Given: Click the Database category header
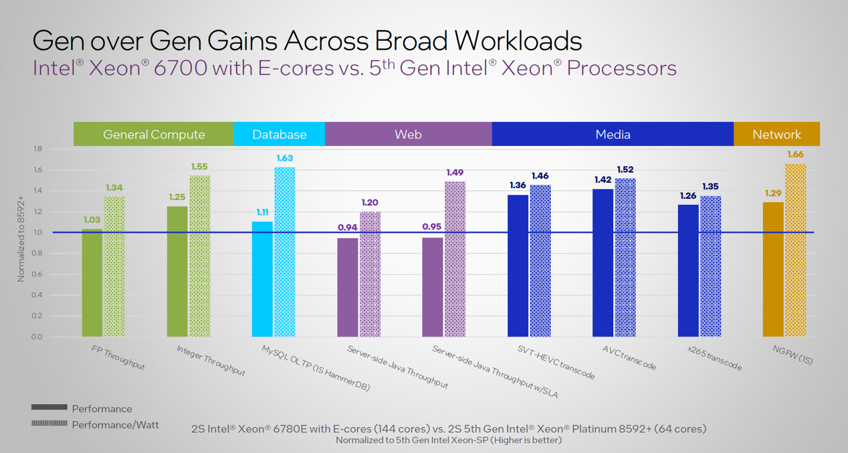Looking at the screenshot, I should coord(279,134).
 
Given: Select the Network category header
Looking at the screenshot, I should coord(776,134).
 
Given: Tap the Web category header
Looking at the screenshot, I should coord(408,134).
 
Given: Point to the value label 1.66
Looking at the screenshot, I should coord(795,155).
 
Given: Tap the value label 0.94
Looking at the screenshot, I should coord(347,228).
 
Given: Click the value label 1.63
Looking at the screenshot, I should coord(284,158).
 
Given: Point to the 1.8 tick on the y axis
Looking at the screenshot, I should coord(37,149).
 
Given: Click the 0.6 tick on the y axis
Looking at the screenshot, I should coord(37,274).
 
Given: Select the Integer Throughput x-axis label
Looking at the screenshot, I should coord(211,360).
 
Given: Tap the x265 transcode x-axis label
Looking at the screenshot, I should coord(714,358).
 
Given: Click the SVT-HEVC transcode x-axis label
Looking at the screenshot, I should coord(556,362).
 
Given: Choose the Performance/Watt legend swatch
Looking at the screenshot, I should coord(49,424).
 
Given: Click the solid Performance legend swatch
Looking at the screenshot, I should coord(49,407).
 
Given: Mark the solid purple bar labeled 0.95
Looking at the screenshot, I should coord(433,287).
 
